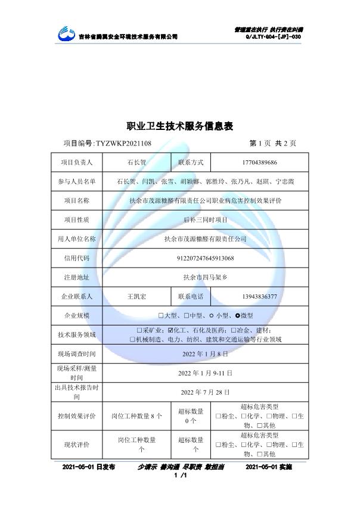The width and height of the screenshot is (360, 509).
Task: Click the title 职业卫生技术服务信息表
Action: point(180,126)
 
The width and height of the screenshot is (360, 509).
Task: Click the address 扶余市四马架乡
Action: point(205,277)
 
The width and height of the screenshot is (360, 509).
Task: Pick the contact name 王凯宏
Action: point(136,296)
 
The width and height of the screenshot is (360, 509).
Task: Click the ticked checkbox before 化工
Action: point(172,330)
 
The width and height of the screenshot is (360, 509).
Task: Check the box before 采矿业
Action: point(139,330)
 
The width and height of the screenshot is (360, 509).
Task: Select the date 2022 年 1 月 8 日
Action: point(205,354)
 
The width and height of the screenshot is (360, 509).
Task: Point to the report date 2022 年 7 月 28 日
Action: point(205,392)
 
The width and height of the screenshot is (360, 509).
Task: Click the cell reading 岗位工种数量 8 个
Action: point(136,415)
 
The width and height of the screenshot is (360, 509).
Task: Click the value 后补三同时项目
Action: point(205,219)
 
